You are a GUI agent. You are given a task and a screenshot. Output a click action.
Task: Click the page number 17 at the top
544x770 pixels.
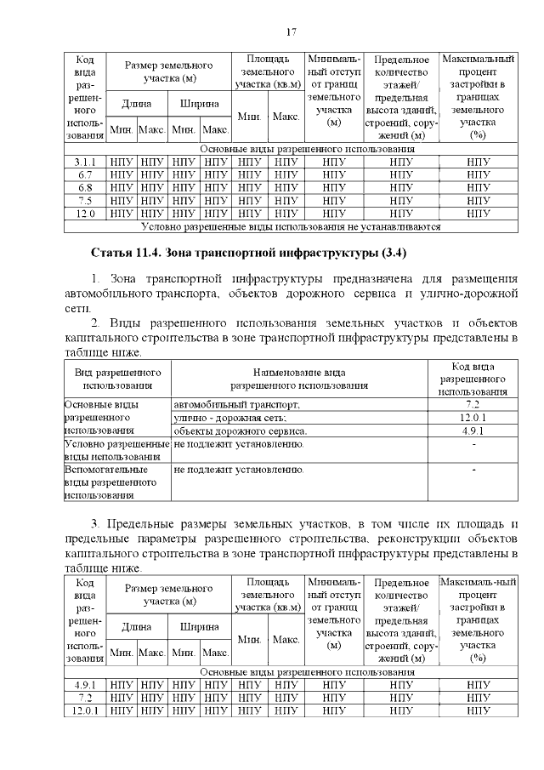click(290, 32)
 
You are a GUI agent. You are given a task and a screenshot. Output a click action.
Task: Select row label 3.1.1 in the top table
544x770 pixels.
click(85, 161)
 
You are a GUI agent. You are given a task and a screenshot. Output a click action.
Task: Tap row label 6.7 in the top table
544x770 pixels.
click(85, 174)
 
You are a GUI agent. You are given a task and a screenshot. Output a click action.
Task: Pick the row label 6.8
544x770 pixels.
click(85, 187)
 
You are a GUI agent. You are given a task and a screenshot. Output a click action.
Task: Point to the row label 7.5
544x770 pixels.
click(85, 200)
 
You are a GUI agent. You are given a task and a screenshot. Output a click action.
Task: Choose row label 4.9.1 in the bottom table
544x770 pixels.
click(85, 684)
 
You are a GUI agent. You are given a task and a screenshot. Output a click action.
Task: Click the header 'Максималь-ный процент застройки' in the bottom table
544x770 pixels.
click(478, 619)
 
